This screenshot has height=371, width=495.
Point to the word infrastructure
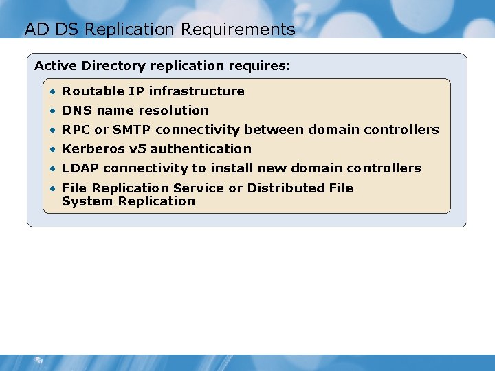[197, 91]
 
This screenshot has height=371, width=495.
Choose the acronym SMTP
[131, 129]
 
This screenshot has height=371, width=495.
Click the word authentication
[201, 148]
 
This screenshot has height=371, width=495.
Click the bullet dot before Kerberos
[53, 149]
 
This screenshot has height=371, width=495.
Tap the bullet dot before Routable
[53, 91]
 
